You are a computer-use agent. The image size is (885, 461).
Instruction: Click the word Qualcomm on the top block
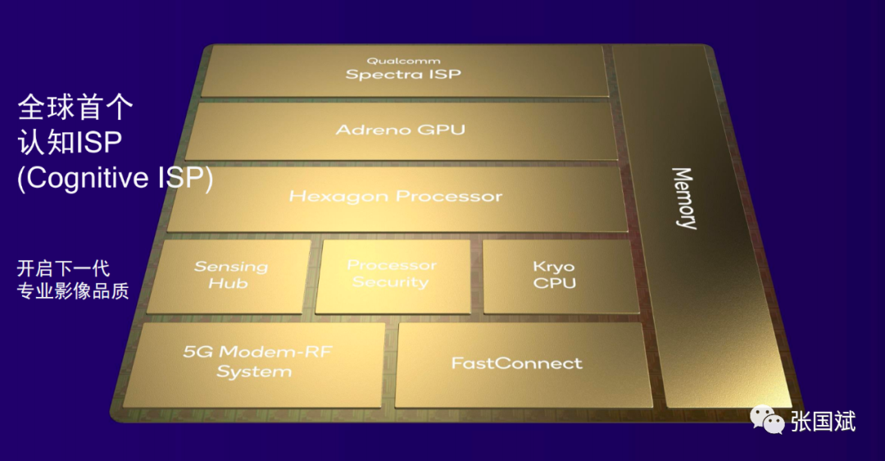click(403, 61)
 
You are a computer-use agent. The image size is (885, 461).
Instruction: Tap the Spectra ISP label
click(403, 74)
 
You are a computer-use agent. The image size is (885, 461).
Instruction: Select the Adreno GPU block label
click(401, 130)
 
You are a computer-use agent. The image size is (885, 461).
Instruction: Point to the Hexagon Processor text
click(396, 197)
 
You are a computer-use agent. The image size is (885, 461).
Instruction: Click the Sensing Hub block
click(229, 276)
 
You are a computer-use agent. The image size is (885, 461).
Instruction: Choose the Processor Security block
click(393, 276)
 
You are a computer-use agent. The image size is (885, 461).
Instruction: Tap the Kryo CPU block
click(560, 276)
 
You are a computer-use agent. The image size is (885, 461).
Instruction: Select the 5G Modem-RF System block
click(255, 364)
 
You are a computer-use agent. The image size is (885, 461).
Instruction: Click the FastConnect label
click(516, 363)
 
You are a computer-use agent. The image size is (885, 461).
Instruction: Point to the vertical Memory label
click(684, 198)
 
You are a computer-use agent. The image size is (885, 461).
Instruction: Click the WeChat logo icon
click(767, 420)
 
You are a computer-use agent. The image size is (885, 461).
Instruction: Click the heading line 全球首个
click(75, 107)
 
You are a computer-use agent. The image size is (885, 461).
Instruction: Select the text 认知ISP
click(70, 142)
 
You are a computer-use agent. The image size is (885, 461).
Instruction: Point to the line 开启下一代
click(63, 267)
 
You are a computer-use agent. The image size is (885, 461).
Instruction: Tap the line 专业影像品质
click(73, 290)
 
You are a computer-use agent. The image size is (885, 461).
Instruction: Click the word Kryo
click(554, 267)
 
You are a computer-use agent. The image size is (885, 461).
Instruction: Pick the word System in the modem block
click(255, 372)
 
